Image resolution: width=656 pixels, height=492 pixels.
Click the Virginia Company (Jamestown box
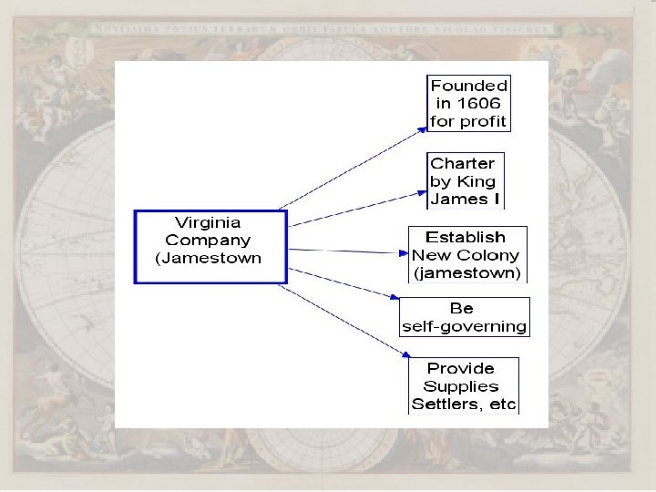(x=210, y=247)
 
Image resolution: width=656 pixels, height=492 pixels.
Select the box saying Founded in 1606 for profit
(x=468, y=103)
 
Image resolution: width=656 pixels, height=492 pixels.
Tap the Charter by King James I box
(x=465, y=180)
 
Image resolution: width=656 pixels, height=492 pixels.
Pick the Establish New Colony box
(x=467, y=254)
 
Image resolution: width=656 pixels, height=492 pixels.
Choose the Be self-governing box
(x=464, y=317)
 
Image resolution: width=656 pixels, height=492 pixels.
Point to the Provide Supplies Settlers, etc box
(x=463, y=386)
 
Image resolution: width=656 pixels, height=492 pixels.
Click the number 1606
(x=480, y=104)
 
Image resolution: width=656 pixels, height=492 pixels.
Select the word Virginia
(x=208, y=222)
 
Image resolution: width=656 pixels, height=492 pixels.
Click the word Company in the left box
(x=208, y=241)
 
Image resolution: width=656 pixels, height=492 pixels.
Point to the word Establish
(x=466, y=238)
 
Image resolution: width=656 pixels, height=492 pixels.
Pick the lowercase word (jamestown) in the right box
(x=467, y=272)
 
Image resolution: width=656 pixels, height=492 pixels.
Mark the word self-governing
(x=465, y=326)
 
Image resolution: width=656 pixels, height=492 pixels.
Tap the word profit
(x=487, y=121)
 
